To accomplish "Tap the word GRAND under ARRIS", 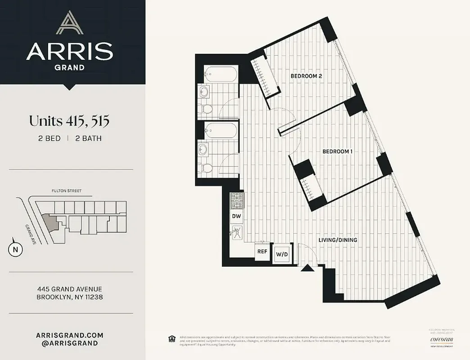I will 69,67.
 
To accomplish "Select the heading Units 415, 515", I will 69,121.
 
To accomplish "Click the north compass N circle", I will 15,250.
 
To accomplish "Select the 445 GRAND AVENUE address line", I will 69,289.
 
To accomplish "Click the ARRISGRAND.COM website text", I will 69,335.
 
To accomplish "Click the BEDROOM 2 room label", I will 306,76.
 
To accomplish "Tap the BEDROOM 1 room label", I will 337,152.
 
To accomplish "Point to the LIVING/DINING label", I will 338,240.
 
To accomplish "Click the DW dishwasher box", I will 236,216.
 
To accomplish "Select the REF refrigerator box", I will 262,252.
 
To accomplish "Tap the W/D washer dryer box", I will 282,254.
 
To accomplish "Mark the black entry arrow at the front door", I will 307,269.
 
